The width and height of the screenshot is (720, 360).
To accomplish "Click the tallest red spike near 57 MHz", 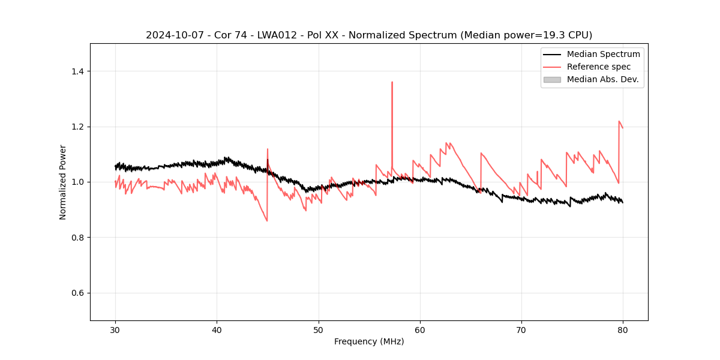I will click(x=392, y=82).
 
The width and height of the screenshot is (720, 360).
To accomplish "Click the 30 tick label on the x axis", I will click(x=115, y=329).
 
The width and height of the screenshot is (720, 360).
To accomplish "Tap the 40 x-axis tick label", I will click(x=217, y=329).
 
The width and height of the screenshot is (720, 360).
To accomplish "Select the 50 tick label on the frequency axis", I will click(x=319, y=329).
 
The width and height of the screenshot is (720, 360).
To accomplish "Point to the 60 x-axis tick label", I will click(x=420, y=329).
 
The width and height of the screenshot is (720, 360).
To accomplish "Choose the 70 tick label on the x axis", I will click(x=521, y=329).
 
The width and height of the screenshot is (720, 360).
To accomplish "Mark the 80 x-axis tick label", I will click(x=623, y=329).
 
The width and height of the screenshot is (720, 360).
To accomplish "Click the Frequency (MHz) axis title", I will click(x=369, y=341).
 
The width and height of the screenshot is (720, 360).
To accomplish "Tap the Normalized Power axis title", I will click(x=63, y=182).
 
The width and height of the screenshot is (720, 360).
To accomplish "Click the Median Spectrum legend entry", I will click(x=603, y=54).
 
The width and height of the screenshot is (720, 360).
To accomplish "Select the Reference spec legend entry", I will click(x=599, y=67).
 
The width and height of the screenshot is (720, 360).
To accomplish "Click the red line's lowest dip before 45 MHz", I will click(x=267, y=220).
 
